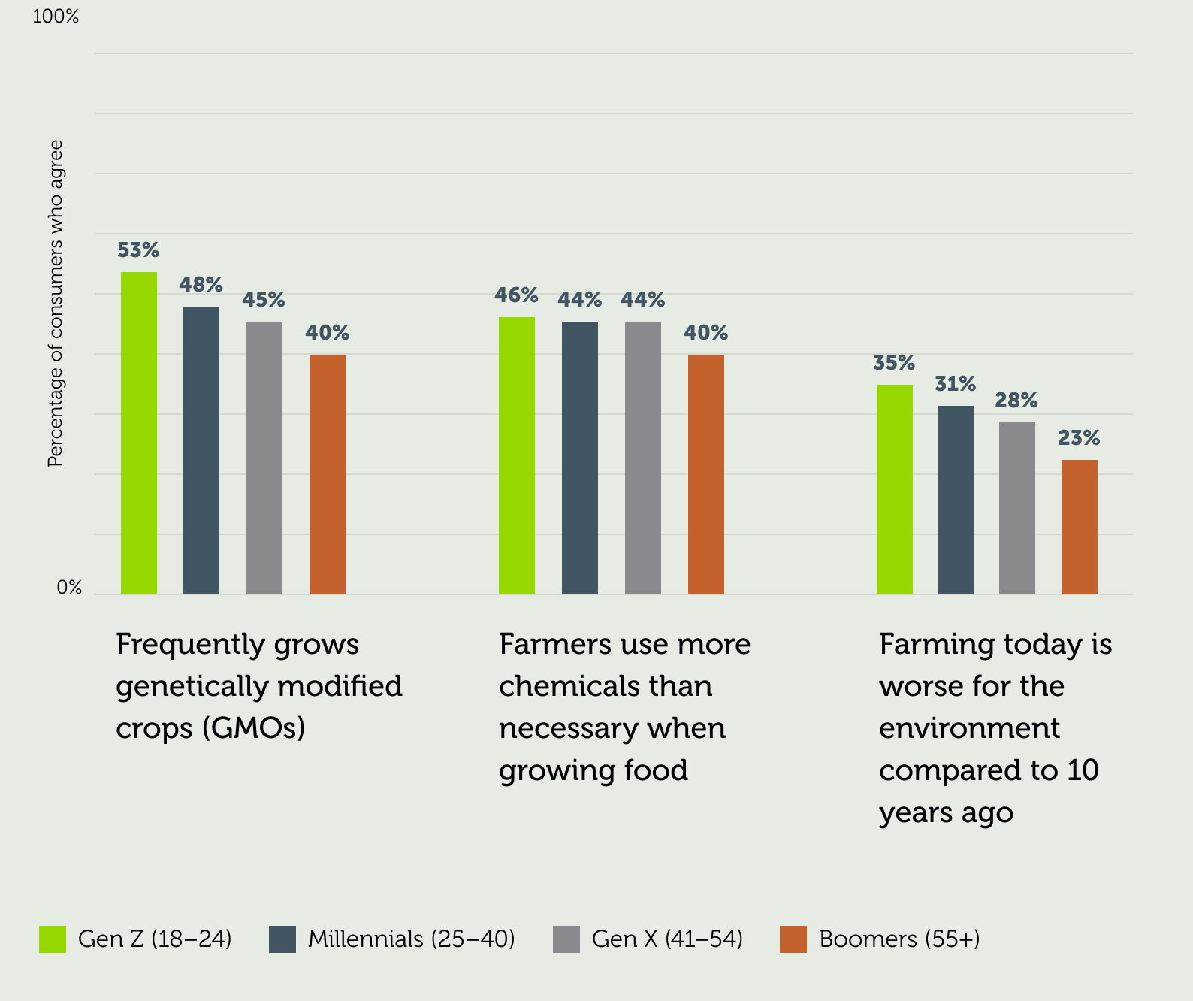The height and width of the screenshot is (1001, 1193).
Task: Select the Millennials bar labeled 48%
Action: click(201, 450)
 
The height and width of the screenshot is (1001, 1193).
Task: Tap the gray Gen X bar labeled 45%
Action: click(264, 458)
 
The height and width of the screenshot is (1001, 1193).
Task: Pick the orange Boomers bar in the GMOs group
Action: click(328, 474)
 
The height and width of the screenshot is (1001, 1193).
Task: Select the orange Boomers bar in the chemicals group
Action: click(706, 474)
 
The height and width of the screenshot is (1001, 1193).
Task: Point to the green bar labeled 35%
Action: click(895, 489)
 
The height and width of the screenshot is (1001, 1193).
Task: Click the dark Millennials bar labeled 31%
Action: click(956, 500)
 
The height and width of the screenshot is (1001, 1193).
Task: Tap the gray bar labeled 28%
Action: click(1017, 508)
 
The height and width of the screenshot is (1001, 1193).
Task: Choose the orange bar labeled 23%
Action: click(1080, 527)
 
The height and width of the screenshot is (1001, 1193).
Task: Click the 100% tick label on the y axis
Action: click(56, 17)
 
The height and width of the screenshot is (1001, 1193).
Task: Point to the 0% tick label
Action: click(69, 588)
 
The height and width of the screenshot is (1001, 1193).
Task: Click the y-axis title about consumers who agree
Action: click(56, 304)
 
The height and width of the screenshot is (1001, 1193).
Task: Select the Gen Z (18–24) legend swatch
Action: click(53, 939)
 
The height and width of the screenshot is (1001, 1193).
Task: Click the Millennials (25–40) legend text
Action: click(411, 939)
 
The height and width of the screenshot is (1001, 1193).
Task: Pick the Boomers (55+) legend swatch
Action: click(793, 939)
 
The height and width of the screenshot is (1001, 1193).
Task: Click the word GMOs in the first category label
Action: click(253, 728)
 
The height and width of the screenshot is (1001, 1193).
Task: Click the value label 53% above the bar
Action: click(138, 250)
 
